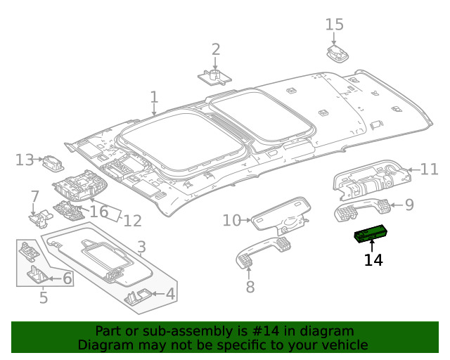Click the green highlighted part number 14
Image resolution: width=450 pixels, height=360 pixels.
(x=372, y=233)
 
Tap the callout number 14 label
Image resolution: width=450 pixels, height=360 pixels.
(x=373, y=260)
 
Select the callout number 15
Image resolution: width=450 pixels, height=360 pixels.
(x=335, y=25)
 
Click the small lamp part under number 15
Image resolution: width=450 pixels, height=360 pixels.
(x=337, y=53)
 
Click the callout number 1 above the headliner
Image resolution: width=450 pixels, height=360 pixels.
(x=155, y=97)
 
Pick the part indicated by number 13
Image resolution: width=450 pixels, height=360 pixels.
(x=53, y=164)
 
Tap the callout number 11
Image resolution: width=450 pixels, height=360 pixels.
(x=430, y=169)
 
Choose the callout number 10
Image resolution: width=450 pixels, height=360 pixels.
(x=231, y=221)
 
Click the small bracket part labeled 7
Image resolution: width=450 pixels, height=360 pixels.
(x=41, y=218)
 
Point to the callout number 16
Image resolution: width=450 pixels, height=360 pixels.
(x=99, y=212)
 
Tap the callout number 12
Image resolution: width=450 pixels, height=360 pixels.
(x=133, y=221)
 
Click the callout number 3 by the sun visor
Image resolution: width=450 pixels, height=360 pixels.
(x=141, y=247)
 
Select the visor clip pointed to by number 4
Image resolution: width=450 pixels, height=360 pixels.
(x=138, y=297)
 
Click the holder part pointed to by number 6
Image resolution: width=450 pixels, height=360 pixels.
(x=38, y=275)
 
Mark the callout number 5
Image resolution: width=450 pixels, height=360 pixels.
(x=44, y=297)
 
